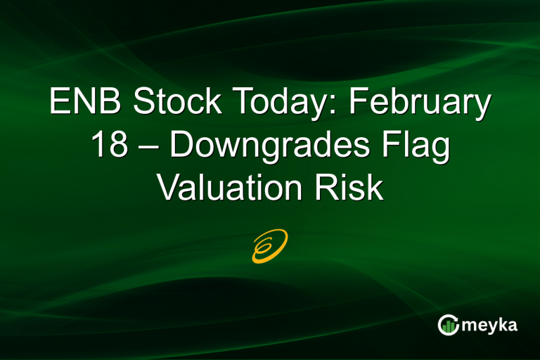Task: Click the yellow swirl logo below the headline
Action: pos(269,245)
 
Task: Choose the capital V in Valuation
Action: pos(168,188)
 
